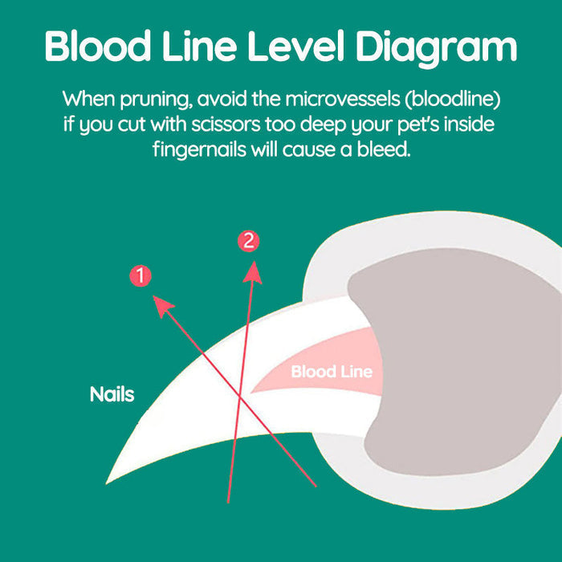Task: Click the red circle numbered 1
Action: tap(140, 276)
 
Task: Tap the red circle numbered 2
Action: tap(249, 240)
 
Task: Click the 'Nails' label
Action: tap(112, 394)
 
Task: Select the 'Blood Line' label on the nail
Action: tap(332, 372)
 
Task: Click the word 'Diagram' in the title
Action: tap(425, 47)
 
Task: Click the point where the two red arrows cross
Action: tap(240, 399)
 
